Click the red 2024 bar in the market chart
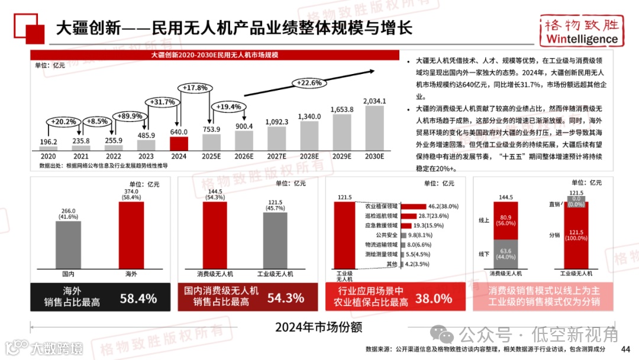point(179,143)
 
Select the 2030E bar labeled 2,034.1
point(374,128)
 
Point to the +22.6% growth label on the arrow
point(309,82)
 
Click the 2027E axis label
point(276,156)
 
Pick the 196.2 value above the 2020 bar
point(49,142)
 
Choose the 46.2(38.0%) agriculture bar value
point(439,206)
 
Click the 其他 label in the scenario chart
point(390,264)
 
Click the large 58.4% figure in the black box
point(138,298)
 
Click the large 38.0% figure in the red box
point(433,298)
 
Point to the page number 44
point(625,348)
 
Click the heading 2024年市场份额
point(318,327)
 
